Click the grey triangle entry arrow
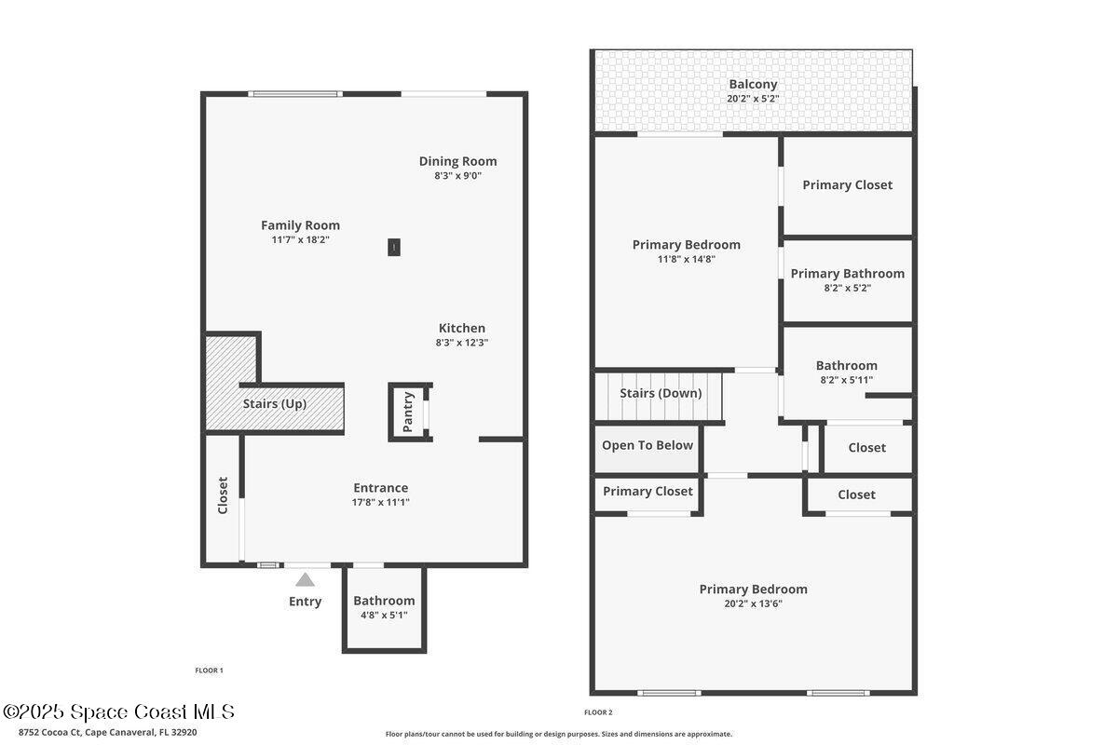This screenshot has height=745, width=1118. click(x=305, y=580)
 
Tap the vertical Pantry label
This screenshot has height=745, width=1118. click(x=408, y=412)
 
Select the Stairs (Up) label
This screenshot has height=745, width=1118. click(x=275, y=404)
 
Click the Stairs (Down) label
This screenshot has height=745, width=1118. click(x=661, y=393)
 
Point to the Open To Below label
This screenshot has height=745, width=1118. click(x=648, y=445)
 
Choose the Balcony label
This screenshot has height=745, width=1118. click(x=753, y=84)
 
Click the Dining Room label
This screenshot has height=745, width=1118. click(x=457, y=161)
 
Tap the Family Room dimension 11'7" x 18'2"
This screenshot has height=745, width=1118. click(x=300, y=239)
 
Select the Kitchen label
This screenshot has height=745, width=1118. click(x=462, y=328)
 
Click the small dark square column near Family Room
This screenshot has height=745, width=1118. click(x=394, y=247)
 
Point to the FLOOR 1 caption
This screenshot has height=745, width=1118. click(x=209, y=670)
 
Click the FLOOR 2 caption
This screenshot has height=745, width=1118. click(x=598, y=712)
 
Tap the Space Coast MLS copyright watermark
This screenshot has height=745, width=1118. click(x=118, y=712)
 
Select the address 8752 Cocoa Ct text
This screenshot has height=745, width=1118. click(x=102, y=732)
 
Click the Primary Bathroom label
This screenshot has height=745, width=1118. click(x=847, y=274)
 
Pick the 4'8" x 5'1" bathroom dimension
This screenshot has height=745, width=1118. click(x=383, y=615)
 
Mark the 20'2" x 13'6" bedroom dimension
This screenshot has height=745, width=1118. click(x=753, y=603)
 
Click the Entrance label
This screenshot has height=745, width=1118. click(x=380, y=488)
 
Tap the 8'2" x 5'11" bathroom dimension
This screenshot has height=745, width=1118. click(x=846, y=380)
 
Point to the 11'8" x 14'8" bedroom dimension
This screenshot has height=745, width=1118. click(x=686, y=259)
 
